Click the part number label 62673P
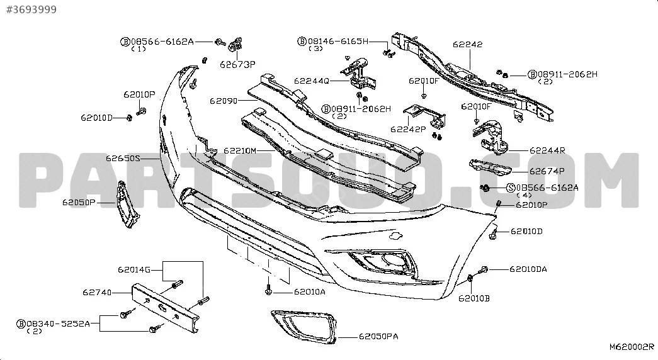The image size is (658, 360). pos(237,64)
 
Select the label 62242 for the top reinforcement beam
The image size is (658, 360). pos(467,44)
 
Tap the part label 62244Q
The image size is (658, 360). pos(312,81)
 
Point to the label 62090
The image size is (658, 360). pos(224,101)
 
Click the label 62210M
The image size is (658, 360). pos(240,150)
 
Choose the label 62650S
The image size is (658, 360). pos(123,158)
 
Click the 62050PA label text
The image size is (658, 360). pos(378,336)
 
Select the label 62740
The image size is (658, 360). pos(97,292)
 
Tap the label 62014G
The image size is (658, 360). pos(134,269)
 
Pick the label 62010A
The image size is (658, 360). pos(310,291)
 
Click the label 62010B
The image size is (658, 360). pos(474,298)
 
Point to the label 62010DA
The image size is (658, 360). pos(528,269)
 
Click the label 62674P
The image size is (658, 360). pos(547,171)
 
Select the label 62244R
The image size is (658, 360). pos(547,150)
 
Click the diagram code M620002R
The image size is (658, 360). pos(632,347)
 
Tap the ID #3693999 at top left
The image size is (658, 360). pos(31,9)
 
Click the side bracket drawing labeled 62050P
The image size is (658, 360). pos(128,205)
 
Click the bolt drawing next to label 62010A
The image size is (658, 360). pos(269,290)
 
